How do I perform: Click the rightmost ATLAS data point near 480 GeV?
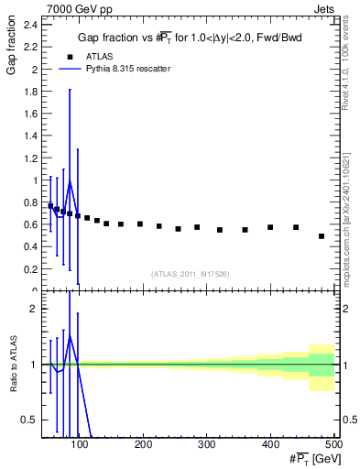coord(321,236)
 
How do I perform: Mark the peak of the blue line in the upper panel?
coord(70,181)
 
